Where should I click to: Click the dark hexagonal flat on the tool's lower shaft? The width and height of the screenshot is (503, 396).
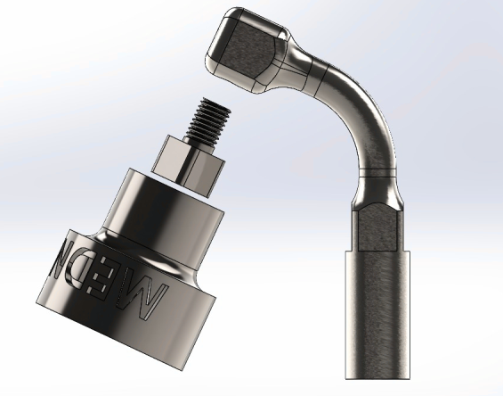pyautogui.click(x=380, y=227)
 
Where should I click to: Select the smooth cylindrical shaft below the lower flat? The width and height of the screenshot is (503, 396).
pyautogui.click(x=378, y=312)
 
